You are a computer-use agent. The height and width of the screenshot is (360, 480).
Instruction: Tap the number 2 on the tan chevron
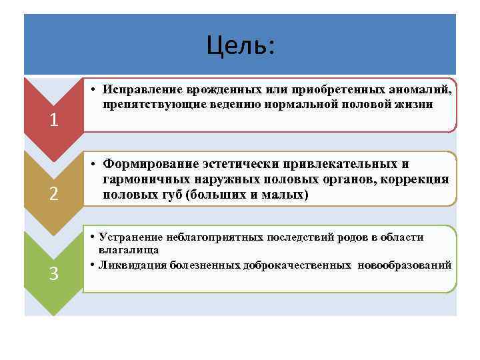(x=54, y=195)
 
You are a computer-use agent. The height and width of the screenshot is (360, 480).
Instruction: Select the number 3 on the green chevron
(x=54, y=273)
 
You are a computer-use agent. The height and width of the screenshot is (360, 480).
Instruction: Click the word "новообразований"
(x=405, y=265)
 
